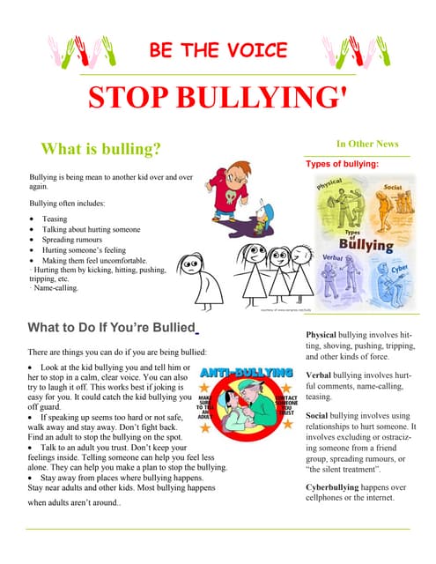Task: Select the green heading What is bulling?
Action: click(x=100, y=149)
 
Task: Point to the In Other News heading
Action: click(x=366, y=144)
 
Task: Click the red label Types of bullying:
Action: click(x=342, y=164)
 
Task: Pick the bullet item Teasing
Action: click(x=55, y=219)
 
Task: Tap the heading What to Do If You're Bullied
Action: click(x=111, y=329)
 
